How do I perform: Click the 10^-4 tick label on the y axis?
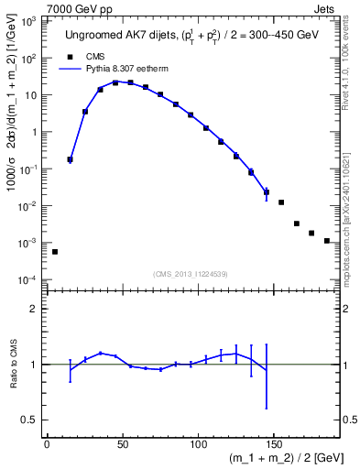pyautogui.click(x=29, y=279)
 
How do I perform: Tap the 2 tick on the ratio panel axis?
pyautogui.click(x=35, y=309)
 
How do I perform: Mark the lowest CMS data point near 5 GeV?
pyautogui.click(x=54, y=251)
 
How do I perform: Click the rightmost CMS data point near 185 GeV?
pyautogui.click(x=327, y=241)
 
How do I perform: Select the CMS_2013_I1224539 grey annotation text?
pyautogui.click(x=191, y=274)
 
